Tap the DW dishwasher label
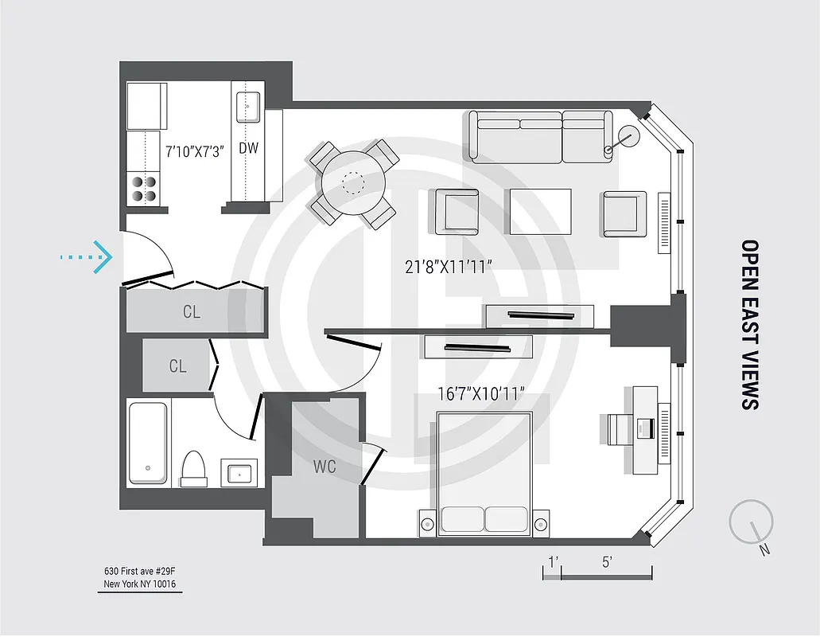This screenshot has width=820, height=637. coord(248,148)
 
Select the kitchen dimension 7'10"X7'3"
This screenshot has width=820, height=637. coord(195,149)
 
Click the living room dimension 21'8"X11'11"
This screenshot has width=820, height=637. coord(449,268)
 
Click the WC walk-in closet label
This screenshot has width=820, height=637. coord(325,467)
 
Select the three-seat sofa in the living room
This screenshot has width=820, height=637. coord(541,136)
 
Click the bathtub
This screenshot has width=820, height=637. coord(148,443)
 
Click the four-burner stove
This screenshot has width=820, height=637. coord(144,188)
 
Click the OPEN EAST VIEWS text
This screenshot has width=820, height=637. coord(749,324)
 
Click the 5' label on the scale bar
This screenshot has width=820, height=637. coord(606,562)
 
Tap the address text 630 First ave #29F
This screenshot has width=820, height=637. coord(140,571)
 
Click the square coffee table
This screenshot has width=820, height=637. coord(541,211)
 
